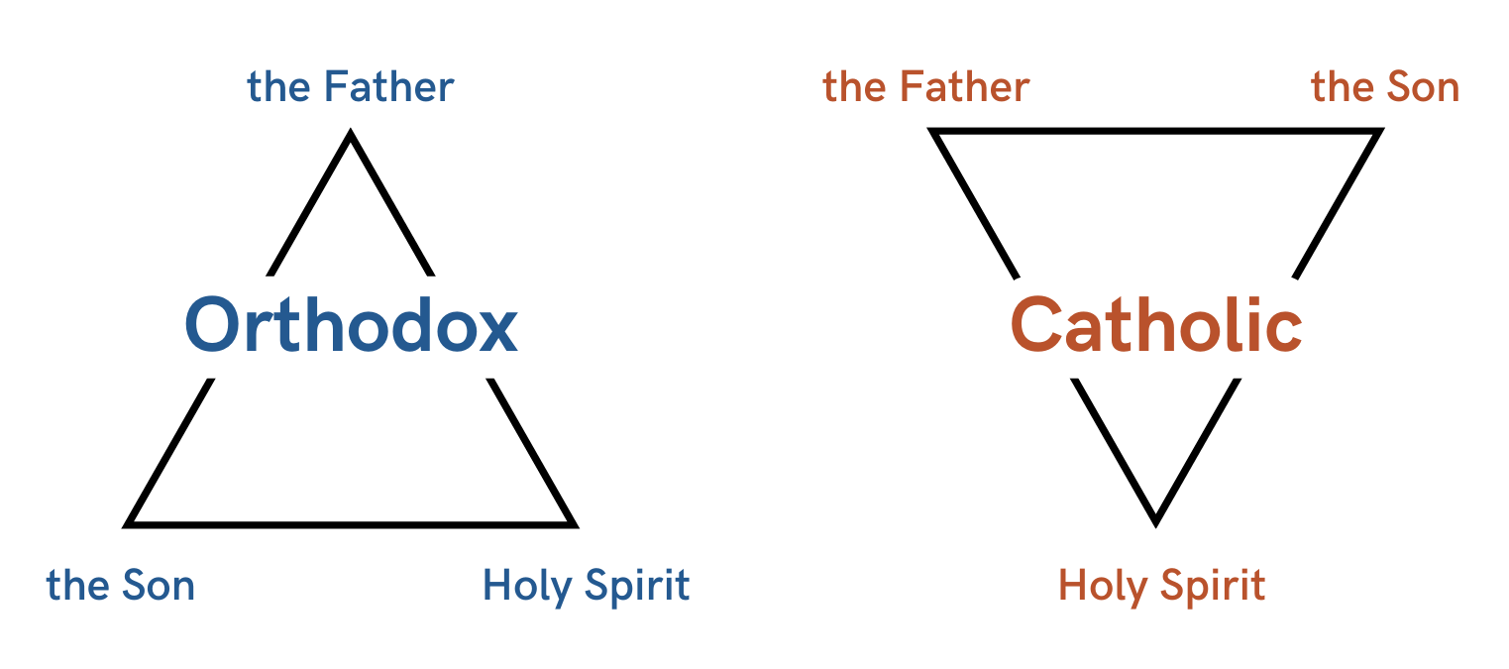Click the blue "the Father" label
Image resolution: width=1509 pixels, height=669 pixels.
(350, 88)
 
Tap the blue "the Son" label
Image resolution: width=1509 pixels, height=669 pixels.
(121, 587)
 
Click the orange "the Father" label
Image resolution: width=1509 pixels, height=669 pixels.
(925, 88)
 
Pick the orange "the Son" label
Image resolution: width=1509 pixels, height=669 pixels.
(1385, 88)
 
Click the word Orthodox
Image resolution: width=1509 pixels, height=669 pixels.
(351, 326)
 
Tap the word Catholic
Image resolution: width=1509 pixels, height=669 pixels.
(1155, 326)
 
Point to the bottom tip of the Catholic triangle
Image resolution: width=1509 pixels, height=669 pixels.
(1155, 520)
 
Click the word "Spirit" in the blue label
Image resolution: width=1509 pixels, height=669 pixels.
(637, 587)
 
